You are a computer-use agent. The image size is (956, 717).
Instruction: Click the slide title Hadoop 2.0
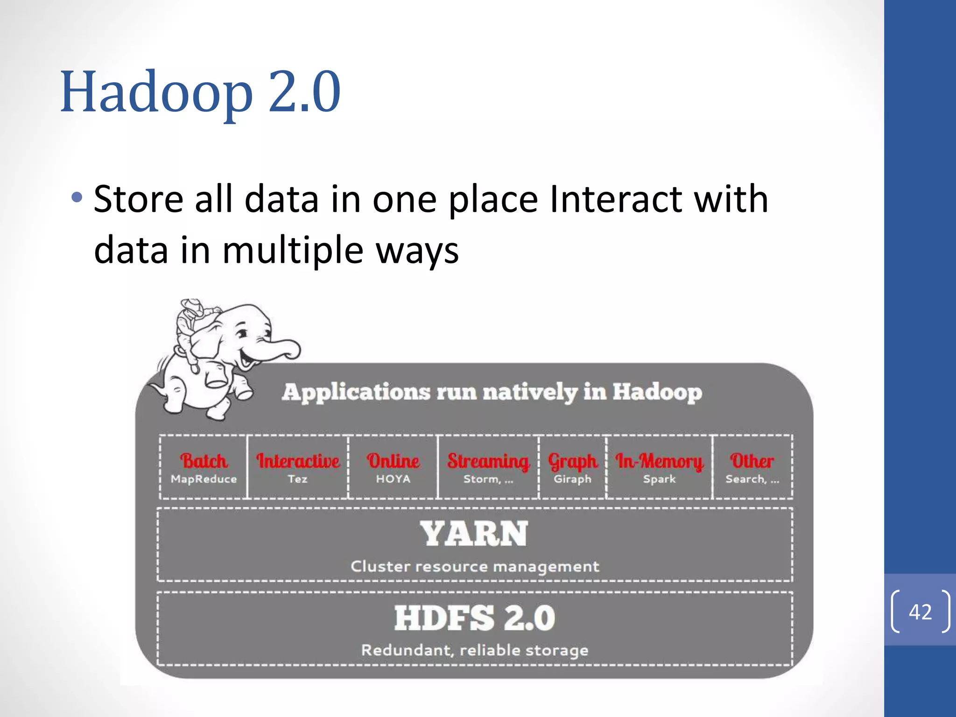tap(200, 91)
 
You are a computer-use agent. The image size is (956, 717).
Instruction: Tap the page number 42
tap(920, 612)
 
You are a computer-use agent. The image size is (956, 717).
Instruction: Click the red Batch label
tap(204, 461)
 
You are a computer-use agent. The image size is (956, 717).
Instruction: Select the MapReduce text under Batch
tap(204, 479)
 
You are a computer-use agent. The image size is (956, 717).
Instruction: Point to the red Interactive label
tap(298, 461)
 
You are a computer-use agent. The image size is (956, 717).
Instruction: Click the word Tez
tap(297, 479)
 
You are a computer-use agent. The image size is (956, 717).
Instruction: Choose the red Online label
tap(393, 461)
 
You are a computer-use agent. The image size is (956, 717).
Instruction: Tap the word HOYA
tap(393, 479)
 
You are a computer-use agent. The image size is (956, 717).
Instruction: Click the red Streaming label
tap(488, 461)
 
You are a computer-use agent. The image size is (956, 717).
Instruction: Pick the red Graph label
tap(572, 461)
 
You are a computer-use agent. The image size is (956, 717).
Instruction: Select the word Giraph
tap(572, 479)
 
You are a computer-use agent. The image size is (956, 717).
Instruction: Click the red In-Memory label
tap(659, 461)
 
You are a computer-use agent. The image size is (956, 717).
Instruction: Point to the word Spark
tap(659, 479)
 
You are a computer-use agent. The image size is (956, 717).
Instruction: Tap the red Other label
tap(752, 461)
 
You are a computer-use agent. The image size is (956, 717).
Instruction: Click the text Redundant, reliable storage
tap(474, 650)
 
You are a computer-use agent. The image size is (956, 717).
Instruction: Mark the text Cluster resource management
tap(474, 566)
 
